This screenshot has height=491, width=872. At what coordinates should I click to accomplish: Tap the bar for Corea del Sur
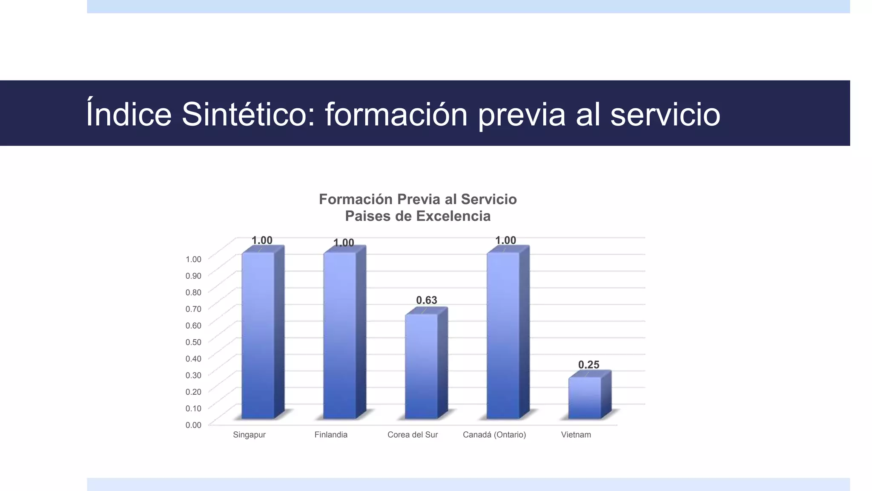click(x=422, y=367)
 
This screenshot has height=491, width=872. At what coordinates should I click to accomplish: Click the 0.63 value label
click(x=427, y=300)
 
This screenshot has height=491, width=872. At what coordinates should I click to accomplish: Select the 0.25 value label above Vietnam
click(x=589, y=365)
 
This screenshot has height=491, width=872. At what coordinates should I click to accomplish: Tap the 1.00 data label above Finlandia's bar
click(x=344, y=243)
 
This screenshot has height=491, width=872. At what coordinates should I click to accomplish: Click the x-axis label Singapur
click(x=250, y=435)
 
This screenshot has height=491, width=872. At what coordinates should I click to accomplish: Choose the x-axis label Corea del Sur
click(x=413, y=435)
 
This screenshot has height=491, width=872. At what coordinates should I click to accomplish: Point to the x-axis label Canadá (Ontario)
click(x=494, y=435)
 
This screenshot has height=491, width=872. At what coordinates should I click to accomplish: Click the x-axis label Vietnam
click(x=576, y=435)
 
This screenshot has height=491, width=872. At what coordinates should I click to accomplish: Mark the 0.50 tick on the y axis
click(x=193, y=342)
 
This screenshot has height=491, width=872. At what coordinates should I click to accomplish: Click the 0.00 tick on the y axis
click(x=193, y=425)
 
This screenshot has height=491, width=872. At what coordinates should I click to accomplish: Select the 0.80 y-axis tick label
click(x=193, y=292)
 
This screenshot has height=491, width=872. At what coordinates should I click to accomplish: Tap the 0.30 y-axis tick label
click(x=193, y=375)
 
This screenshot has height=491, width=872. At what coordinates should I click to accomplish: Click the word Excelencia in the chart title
click(x=454, y=216)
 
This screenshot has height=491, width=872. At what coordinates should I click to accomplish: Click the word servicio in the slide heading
click(x=665, y=114)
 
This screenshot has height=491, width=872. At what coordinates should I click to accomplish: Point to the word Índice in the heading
click(x=129, y=114)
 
